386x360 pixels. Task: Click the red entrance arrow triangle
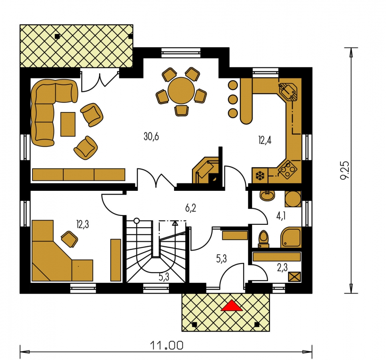tap(232, 306)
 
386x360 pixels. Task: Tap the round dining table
tap(181, 91)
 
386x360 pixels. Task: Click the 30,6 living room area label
tap(151, 136)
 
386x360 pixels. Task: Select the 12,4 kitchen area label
tap(265, 140)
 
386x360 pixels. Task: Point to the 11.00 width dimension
tap(167, 345)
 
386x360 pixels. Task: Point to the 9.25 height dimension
tap(345, 170)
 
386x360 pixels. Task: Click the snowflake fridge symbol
tap(260, 176)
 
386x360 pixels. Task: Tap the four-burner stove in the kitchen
tap(287, 170)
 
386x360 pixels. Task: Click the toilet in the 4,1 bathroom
tap(264, 239)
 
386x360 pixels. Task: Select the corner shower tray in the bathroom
tap(291, 237)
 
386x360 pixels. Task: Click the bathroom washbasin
tap(267, 196)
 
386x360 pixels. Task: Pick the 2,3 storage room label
tap(282, 268)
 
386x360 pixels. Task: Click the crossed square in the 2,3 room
tap(295, 277)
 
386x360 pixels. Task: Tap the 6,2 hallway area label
tap(190, 208)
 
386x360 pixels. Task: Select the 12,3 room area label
tap(83, 224)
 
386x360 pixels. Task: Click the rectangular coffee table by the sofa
tap(68, 124)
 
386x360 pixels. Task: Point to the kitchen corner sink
tap(288, 92)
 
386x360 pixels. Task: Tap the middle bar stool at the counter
tap(233, 99)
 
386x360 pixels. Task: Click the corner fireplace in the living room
tap(206, 170)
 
